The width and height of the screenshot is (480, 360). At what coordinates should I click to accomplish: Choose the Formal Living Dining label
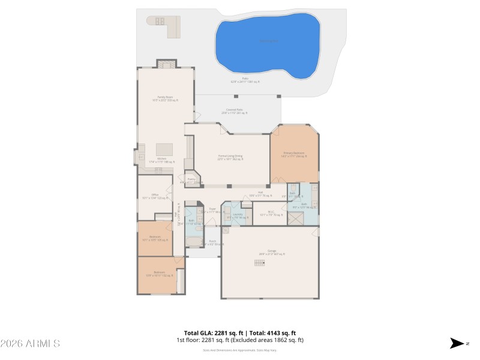[230, 157]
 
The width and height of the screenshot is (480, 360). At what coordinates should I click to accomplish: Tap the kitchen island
[164, 149]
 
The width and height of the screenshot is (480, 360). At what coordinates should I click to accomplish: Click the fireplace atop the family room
[166, 64]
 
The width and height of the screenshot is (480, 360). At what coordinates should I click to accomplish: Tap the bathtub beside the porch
[193, 242]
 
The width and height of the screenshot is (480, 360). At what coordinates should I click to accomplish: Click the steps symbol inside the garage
[259, 262]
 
